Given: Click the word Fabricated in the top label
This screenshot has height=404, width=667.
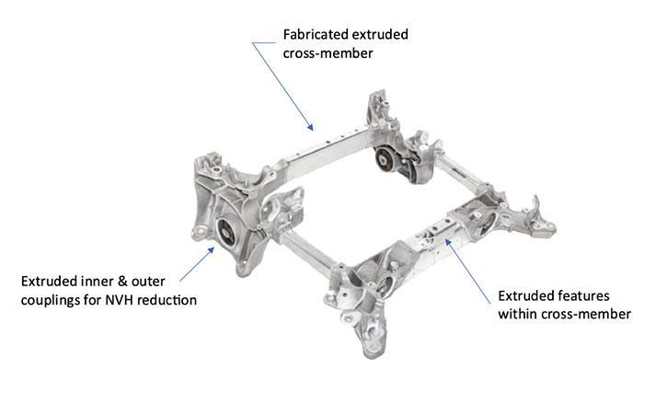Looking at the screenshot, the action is (x=314, y=34).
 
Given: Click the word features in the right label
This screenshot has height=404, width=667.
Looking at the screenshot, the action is (x=586, y=295).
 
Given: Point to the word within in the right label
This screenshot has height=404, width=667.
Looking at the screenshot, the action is (x=517, y=314).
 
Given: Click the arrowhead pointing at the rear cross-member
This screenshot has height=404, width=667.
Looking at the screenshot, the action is (x=311, y=126).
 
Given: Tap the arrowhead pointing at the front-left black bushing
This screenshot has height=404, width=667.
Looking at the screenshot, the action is (x=210, y=250).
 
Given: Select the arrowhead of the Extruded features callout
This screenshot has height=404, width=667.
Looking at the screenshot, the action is (x=447, y=242).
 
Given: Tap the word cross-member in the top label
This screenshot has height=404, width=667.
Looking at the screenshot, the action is (x=328, y=53).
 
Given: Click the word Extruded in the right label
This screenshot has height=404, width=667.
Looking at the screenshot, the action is (x=529, y=295).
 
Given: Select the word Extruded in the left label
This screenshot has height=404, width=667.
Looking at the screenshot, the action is (x=49, y=281).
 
